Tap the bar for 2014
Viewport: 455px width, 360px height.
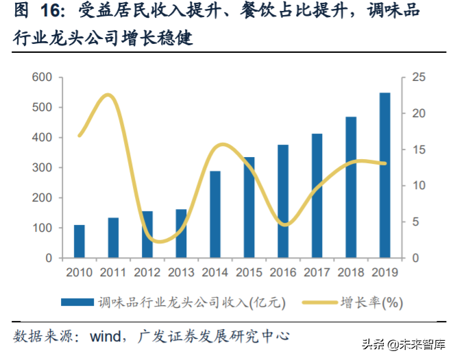point(215,215)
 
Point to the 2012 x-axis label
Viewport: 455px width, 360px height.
point(147,273)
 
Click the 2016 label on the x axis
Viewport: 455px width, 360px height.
point(283,273)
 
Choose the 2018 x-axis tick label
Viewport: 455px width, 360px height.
point(351,273)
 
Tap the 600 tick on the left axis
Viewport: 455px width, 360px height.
point(42,77)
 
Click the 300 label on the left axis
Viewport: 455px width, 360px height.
point(42,168)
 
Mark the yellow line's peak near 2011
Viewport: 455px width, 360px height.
point(109,95)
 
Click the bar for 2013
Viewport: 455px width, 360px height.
point(181,234)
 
